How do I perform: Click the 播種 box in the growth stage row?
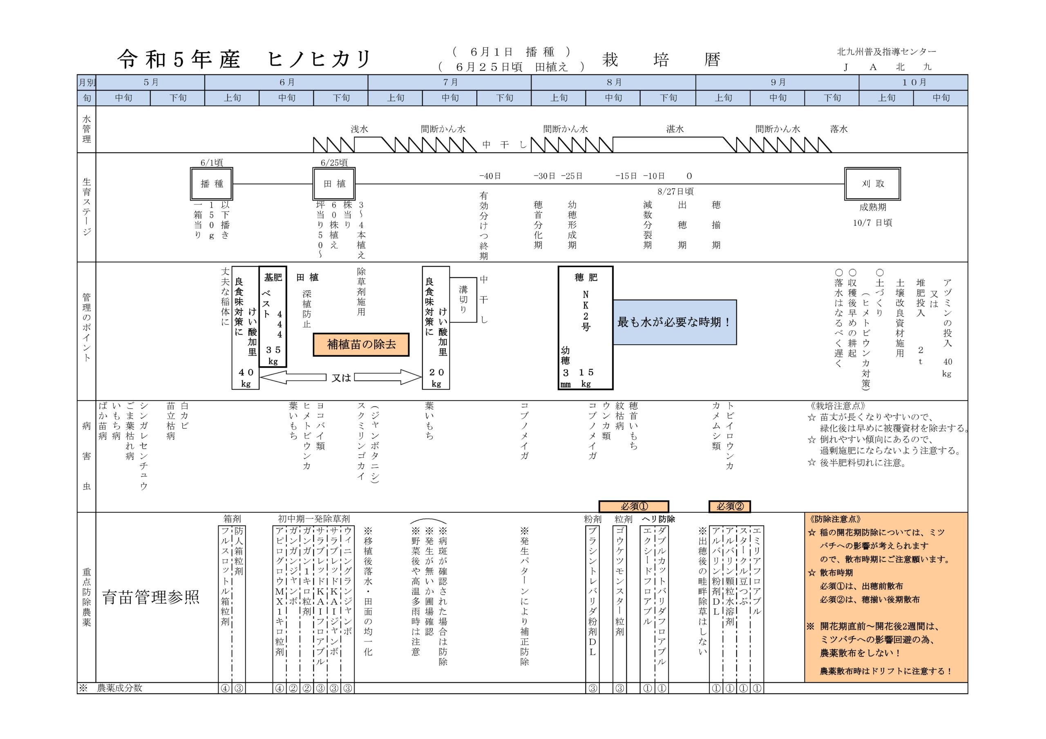point(211,184)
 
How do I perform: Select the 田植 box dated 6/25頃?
point(334,184)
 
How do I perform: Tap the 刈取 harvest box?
point(872,184)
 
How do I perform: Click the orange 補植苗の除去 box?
point(361,345)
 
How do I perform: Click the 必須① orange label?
point(634,506)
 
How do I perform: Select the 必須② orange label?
point(729,506)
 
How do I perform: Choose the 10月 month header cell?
point(914,82)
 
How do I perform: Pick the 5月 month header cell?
point(150,82)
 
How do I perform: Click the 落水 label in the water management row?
point(839,129)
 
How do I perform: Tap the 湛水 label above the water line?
point(675,129)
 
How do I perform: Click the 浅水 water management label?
point(360,129)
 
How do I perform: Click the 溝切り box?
point(463,300)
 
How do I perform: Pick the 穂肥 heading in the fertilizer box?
point(586,277)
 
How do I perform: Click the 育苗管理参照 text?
point(151,597)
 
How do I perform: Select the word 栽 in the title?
point(610,60)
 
